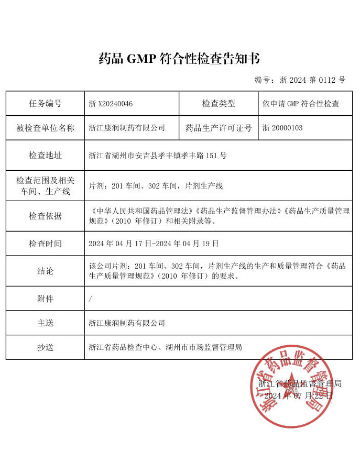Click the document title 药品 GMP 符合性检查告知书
tap(179, 58)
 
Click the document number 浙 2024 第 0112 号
tap(300, 80)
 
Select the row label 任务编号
tap(45, 104)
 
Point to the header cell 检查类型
tap(219, 104)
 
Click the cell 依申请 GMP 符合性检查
tap(300, 104)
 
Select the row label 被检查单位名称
tap(45, 128)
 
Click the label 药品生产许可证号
tap(219, 128)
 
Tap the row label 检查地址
tap(45, 156)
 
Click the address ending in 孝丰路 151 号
tap(158, 156)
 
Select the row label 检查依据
tap(45, 216)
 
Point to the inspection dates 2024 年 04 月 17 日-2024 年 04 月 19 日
tap(154, 244)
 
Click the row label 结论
tap(45, 271)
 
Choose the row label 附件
tap(45, 299)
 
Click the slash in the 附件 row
tap(91, 299)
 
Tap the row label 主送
tap(45, 323)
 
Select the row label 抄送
tap(45, 347)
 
